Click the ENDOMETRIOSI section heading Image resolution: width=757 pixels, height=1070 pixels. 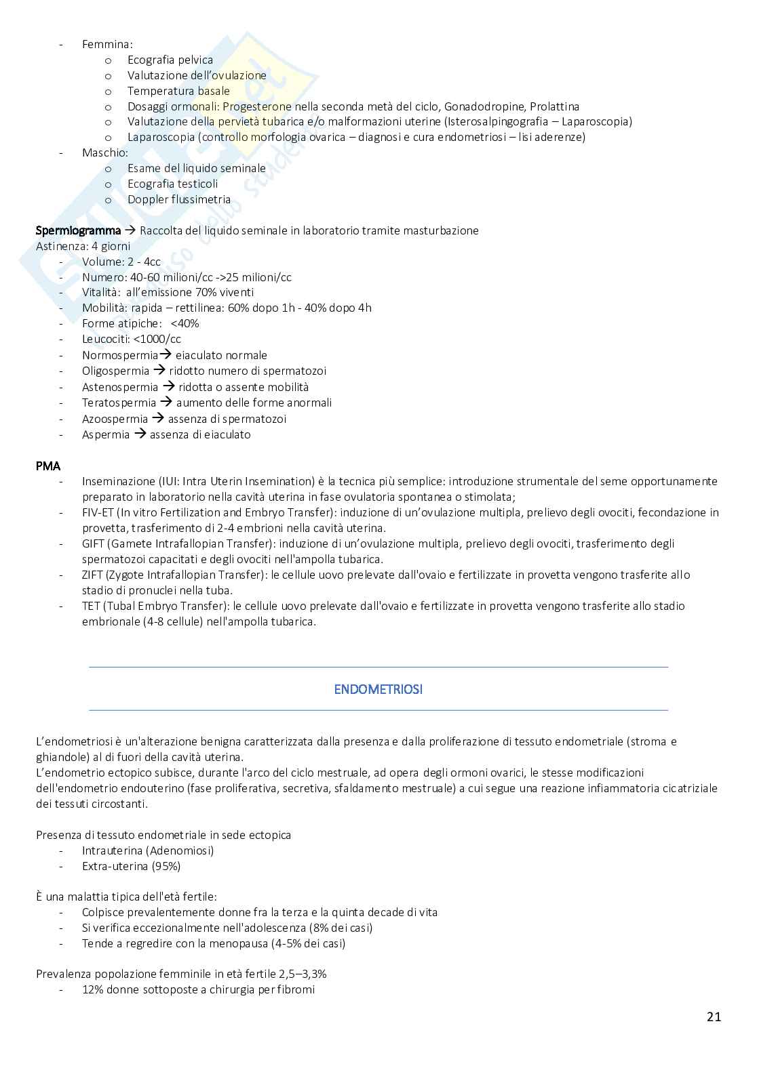(x=378, y=689)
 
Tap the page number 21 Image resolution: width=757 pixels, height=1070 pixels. (x=714, y=1016)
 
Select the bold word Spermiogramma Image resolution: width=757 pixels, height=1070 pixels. (x=78, y=230)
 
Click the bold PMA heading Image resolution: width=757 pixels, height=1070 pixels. (x=47, y=466)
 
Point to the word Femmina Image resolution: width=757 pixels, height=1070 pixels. (x=106, y=44)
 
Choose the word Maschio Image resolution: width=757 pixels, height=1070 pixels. (x=104, y=152)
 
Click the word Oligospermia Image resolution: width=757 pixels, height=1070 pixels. (x=115, y=371)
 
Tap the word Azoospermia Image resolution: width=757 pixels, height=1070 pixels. (x=115, y=419)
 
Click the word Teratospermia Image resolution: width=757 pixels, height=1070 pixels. (x=119, y=403)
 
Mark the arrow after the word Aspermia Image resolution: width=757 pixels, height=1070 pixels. (x=140, y=434)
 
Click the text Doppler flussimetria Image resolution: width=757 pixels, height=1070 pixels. (x=179, y=199)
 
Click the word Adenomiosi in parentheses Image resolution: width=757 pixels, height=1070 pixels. (x=182, y=850)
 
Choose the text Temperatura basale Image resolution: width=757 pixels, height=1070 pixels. (x=178, y=91)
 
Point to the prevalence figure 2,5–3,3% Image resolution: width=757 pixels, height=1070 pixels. (x=303, y=974)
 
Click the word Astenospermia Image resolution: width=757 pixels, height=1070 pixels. (x=120, y=387)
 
